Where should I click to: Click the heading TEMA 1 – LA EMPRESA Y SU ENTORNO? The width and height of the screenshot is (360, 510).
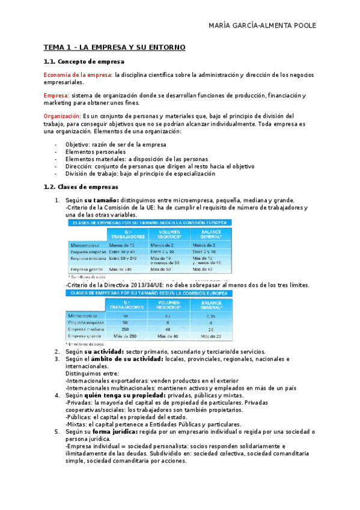(x=114, y=47)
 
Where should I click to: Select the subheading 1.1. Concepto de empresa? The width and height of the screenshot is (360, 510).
(x=84, y=61)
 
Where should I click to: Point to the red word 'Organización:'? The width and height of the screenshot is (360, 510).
(x=63, y=115)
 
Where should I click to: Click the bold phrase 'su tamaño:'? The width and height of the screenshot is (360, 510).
(x=102, y=200)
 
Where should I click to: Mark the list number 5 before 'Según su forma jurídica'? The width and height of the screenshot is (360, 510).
(x=56, y=432)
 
